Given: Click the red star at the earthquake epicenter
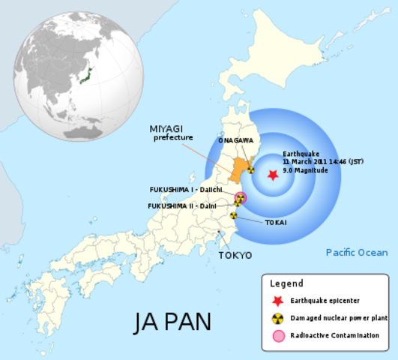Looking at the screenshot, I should (x=273, y=174).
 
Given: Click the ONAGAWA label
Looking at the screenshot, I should (x=235, y=140).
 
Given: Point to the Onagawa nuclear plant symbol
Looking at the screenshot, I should (x=250, y=170).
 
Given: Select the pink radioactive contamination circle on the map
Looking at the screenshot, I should (x=241, y=198).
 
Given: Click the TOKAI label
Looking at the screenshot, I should (x=274, y=222).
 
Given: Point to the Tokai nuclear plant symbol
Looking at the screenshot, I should (x=234, y=216).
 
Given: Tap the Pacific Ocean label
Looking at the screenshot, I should (x=356, y=253).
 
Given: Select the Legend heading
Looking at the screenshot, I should (x=286, y=283).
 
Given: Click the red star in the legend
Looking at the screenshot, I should (x=278, y=301).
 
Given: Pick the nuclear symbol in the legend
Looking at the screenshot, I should (x=278, y=318).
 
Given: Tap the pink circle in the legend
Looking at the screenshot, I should (x=278, y=336).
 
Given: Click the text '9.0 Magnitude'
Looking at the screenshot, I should (x=307, y=170).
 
